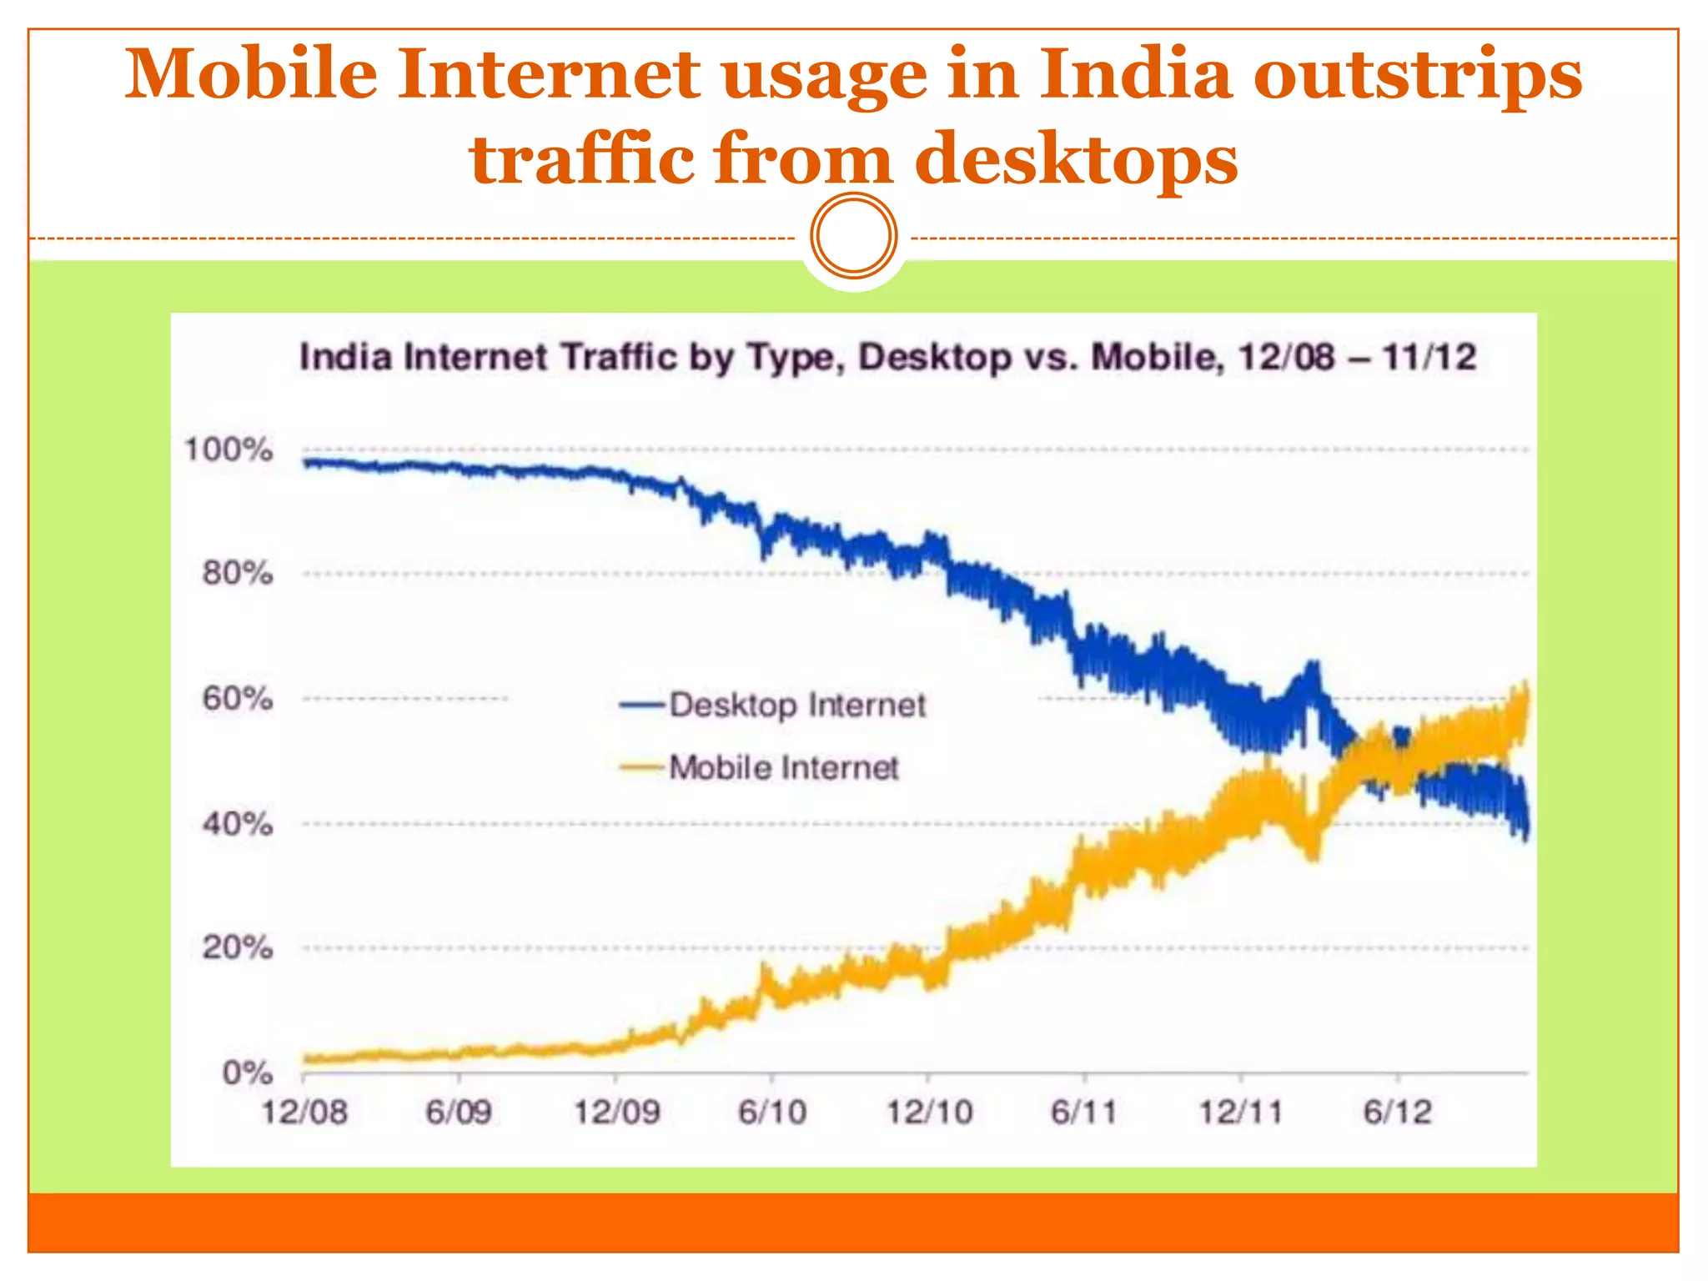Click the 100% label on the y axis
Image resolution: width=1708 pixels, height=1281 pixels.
[229, 450]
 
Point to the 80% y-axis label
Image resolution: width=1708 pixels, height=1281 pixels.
[237, 574]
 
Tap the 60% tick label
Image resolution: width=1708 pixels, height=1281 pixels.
[237, 699]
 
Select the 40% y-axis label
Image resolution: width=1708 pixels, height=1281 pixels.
[237, 825]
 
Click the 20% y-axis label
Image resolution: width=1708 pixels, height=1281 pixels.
[237, 948]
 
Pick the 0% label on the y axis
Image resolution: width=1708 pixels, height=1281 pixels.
[247, 1073]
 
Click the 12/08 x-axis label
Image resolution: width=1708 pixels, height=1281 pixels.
[304, 1113]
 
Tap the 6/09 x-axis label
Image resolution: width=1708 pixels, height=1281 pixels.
[459, 1113]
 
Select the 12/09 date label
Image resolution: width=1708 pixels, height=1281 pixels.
[616, 1113]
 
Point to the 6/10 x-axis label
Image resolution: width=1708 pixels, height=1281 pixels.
[772, 1113]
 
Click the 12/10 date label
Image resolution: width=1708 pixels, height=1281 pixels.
[929, 1113]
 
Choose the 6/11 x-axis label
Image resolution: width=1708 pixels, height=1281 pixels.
[1083, 1113]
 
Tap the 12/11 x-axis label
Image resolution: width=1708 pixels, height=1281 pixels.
[1241, 1113]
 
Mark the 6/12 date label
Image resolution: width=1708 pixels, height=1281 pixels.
[1398, 1113]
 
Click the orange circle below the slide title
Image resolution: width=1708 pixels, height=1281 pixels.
[853, 236]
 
